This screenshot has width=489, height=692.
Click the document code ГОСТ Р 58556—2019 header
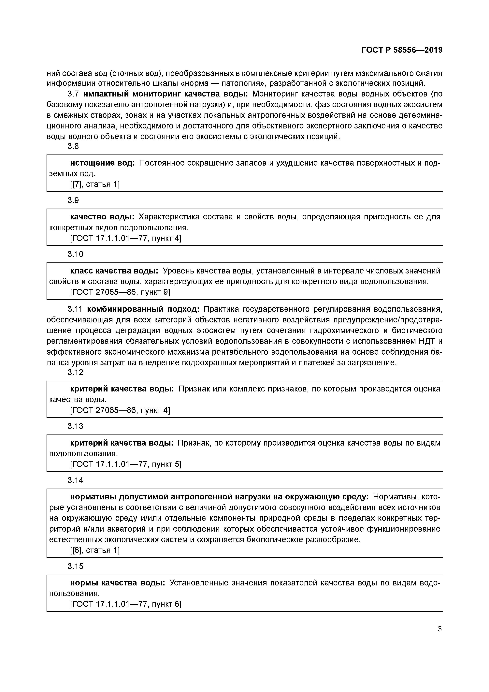point(402,50)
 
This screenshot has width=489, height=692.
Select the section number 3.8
point(73,146)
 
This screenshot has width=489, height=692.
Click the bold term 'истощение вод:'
point(102,163)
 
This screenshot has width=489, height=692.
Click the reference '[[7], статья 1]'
point(95,184)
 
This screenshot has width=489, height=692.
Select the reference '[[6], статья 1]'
point(95,550)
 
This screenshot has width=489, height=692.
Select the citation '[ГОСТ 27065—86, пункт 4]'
point(120,410)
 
